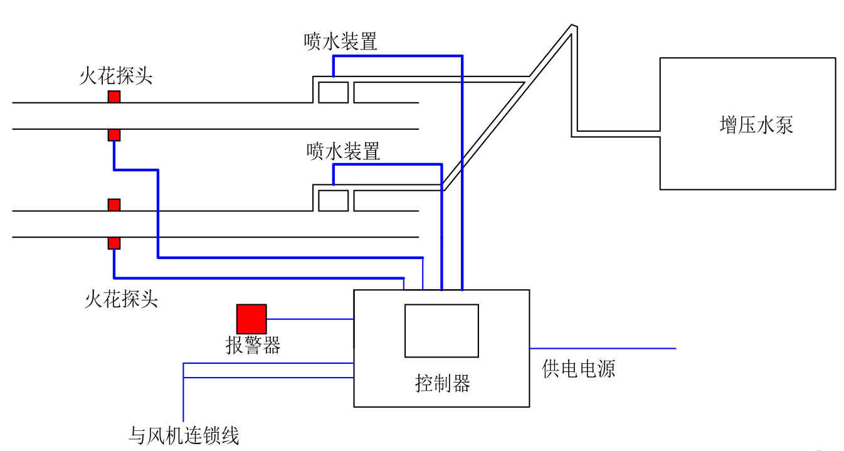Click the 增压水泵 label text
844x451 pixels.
(756, 125)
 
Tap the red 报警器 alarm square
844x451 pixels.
(251, 319)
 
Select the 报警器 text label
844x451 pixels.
(253, 345)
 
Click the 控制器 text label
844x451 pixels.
(442, 383)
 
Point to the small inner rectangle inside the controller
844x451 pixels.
(441, 331)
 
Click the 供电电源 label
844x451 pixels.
(578, 368)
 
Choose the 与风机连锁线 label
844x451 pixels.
(184, 435)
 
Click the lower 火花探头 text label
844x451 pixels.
(121, 299)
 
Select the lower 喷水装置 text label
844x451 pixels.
(343, 151)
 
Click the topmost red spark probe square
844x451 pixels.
(113, 97)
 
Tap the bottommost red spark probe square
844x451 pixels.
(113, 243)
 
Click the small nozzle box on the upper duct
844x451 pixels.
(333, 92)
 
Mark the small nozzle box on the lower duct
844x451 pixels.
(333, 200)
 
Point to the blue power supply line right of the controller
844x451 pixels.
(602, 348)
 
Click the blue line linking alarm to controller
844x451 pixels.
(310, 319)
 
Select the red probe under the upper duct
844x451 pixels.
(113, 135)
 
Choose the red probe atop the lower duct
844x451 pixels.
(113, 205)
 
